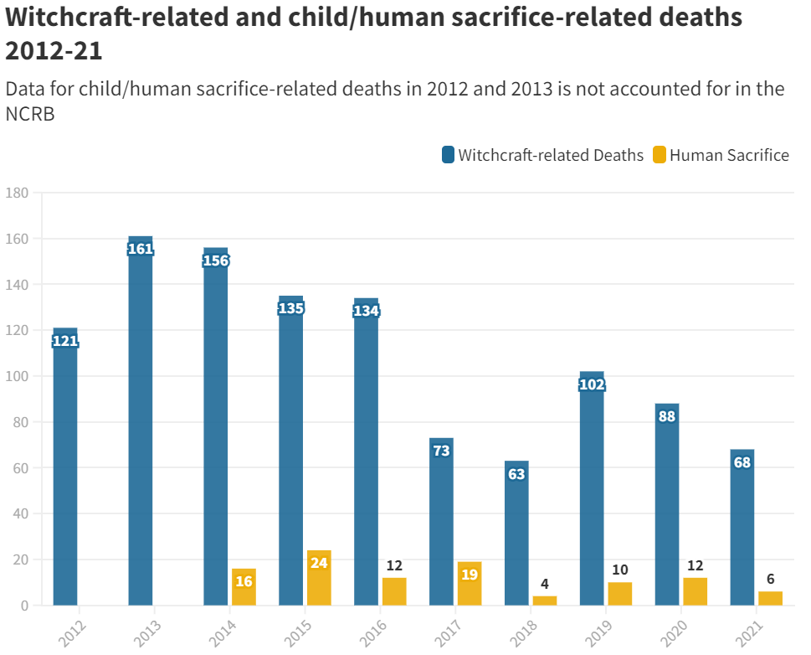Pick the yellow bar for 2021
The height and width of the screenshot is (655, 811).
tap(770, 598)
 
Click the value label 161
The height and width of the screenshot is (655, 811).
tap(141, 249)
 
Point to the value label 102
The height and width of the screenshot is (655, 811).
tap(592, 385)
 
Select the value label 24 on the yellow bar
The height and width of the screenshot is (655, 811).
tap(319, 563)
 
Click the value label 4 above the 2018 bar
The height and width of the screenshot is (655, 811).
tap(545, 584)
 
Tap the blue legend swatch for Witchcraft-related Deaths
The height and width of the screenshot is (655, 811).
tap(448, 155)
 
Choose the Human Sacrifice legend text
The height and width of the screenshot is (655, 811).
tap(729, 155)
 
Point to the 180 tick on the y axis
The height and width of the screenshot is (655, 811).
tap(17, 193)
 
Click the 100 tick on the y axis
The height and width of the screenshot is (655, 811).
tap(17, 376)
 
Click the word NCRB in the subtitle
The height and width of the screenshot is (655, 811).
tap(30, 115)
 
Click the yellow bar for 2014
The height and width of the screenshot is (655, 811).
tap(244, 587)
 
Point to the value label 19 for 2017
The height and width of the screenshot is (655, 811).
tap(470, 575)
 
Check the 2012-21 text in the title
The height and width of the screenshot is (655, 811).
tap(54, 51)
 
